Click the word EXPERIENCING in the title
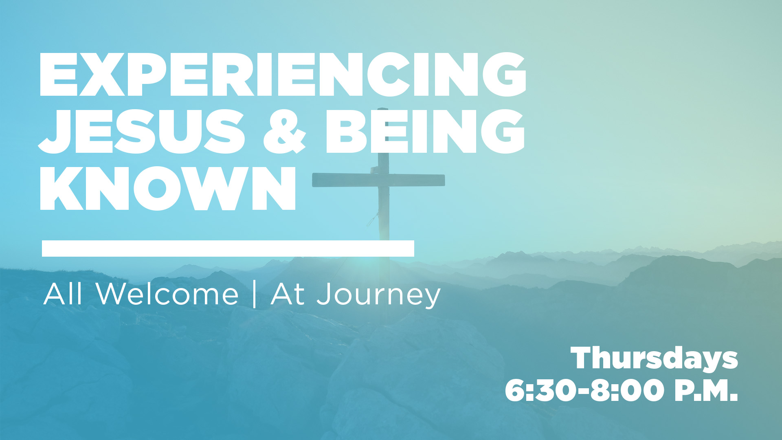coord(283,75)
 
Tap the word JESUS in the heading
coord(141,132)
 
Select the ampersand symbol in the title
coord(285,132)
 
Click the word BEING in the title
coord(425,132)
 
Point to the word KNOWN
coord(168,188)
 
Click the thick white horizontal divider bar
coord(228,249)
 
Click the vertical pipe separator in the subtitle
coord(255,294)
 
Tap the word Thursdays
coord(655,359)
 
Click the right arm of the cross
coord(417,180)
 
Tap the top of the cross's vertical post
coord(382,109)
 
